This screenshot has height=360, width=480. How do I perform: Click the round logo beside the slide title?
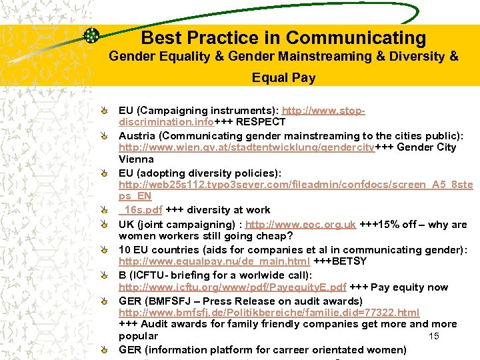coord(92,36)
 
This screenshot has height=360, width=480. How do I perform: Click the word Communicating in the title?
coord(355,38)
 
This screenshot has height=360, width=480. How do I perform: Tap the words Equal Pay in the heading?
coord(283,78)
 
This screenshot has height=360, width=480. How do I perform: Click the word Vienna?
coord(136,159)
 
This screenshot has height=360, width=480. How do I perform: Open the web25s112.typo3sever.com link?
coord(293,184)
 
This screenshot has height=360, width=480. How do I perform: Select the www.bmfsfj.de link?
coord(269,312)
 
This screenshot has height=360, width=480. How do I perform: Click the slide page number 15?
coord(434,336)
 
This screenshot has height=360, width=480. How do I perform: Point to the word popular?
coord(138,336)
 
